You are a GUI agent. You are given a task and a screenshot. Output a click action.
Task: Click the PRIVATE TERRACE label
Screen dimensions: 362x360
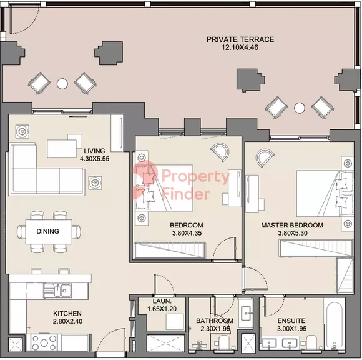[240, 39]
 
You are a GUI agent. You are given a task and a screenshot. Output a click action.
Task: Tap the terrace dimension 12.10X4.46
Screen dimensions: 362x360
[240, 47]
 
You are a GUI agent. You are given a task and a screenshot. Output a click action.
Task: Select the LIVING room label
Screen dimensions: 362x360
[94, 151]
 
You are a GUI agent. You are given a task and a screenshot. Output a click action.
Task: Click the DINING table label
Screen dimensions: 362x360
[48, 231]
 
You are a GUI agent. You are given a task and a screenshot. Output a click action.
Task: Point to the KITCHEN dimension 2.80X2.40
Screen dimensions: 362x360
[67, 321]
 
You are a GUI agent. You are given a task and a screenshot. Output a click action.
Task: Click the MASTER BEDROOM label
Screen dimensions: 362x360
[292, 225]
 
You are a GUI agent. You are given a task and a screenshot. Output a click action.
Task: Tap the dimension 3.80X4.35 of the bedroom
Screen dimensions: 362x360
[187, 233]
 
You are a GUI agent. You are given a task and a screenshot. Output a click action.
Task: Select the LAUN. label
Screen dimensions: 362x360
[162, 301]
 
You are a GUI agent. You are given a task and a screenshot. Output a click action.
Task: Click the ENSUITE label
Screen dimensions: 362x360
[291, 321]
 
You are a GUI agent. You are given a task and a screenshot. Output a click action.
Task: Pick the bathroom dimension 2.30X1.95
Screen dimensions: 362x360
[215, 329]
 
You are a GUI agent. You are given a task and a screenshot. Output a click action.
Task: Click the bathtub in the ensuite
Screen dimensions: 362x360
[335, 324]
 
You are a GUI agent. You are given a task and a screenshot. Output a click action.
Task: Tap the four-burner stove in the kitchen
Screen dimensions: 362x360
[44, 342]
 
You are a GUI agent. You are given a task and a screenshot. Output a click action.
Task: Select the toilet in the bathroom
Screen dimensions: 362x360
[222, 342]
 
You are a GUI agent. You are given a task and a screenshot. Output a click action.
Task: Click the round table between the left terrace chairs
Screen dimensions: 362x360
[62, 84]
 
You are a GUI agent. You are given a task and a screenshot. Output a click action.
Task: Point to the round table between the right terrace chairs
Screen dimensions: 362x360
[300, 107]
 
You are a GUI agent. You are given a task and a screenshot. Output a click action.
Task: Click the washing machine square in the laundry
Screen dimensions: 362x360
[175, 322]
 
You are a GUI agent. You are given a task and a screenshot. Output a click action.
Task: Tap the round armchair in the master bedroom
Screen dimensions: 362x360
[265, 157]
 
